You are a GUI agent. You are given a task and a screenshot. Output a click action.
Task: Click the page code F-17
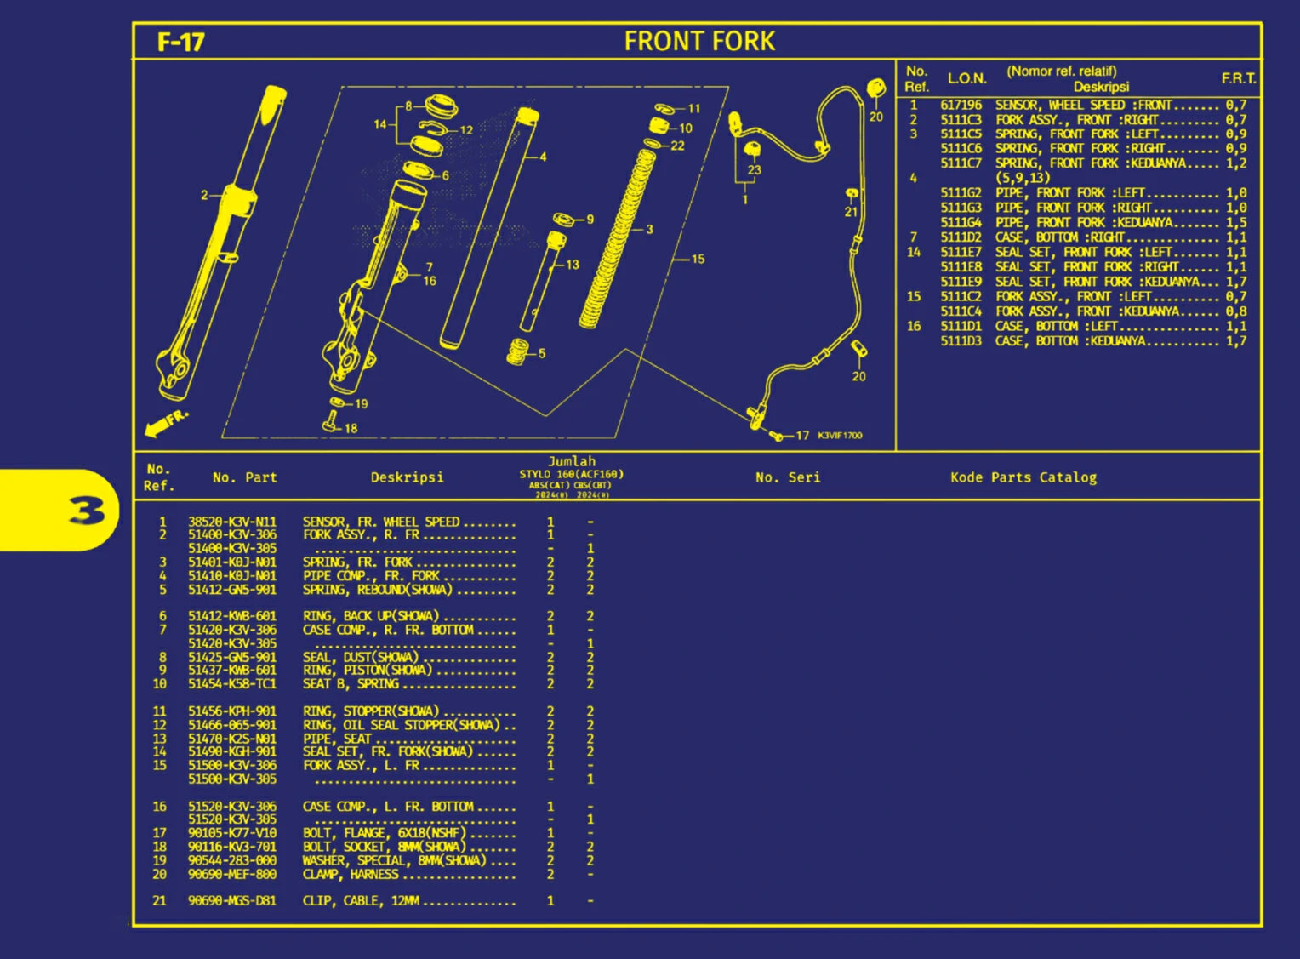(180, 42)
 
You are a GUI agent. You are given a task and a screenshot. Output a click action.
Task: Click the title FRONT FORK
(699, 41)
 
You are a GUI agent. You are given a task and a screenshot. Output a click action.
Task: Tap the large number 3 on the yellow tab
(88, 511)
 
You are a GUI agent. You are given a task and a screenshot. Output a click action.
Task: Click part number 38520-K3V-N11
(232, 522)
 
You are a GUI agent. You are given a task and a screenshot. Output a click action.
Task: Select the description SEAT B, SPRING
(351, 684)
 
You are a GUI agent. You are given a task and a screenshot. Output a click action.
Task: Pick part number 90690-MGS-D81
(232, 900)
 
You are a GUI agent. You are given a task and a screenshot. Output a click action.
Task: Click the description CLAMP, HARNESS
(351, 874)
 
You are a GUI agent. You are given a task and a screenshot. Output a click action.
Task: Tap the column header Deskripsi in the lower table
(407, 477)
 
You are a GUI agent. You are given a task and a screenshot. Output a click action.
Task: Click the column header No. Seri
(788, 477)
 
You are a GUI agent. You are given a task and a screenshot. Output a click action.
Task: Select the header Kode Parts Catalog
(1023, 477)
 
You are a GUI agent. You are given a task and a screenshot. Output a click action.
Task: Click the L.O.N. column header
(967, 78)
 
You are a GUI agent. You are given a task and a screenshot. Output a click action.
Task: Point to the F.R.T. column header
(1238, 78)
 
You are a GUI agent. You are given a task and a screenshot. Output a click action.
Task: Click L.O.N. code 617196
(961, 106)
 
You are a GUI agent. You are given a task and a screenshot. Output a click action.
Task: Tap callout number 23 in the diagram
(754, 170)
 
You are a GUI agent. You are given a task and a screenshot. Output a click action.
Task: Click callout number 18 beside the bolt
(351, 428)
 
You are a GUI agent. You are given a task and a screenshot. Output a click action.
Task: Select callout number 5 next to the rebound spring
(542, 353)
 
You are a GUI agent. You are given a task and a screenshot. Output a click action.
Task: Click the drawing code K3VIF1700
(840, 436)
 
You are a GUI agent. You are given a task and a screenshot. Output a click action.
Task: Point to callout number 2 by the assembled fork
(204, 196)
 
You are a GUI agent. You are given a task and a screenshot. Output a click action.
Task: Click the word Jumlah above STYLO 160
(572, 461)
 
